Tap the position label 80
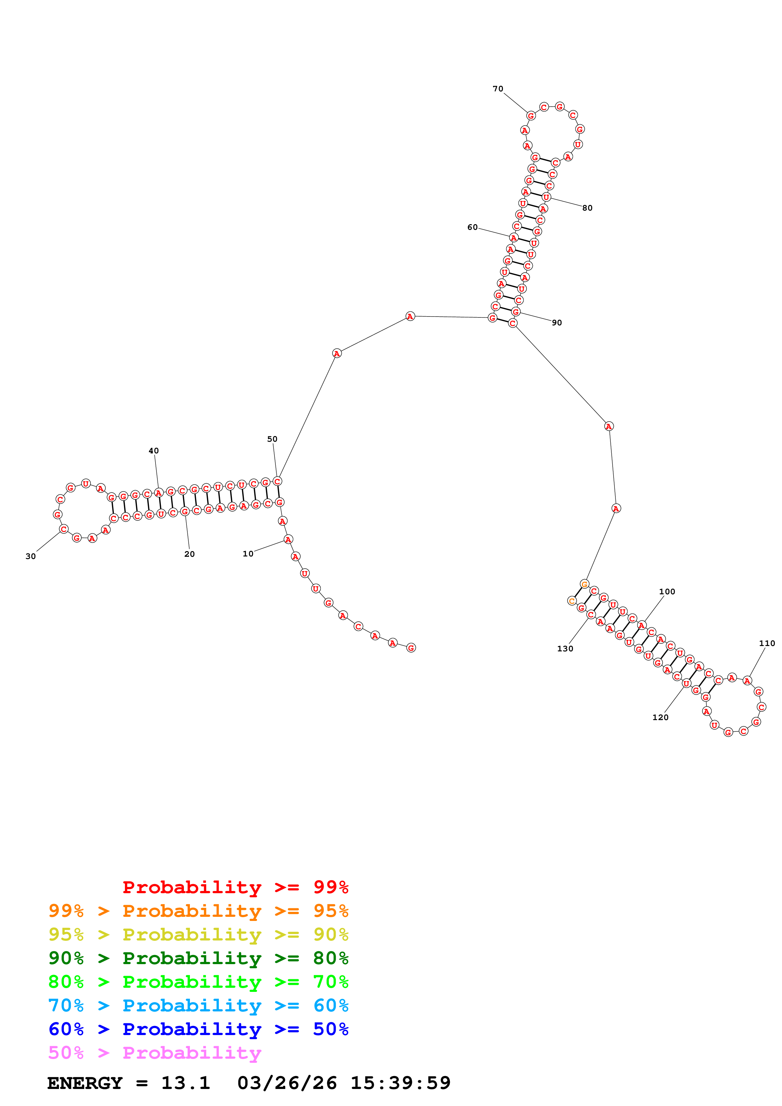[587, 208]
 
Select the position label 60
[472, 227]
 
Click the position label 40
[153, 451]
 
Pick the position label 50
[272, 439]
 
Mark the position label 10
[248, 554]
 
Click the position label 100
[667, 591]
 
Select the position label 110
[767, 643]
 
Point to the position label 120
[660, 717]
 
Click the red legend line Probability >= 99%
[235, 887]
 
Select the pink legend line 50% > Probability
[154, 1052]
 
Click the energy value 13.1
[185, 1083]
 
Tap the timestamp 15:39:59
[400, 1083]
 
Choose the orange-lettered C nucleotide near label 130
[572, 601]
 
